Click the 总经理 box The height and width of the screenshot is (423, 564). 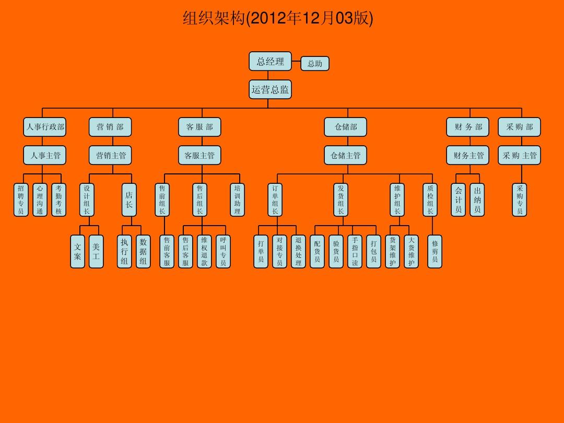click(270, 62)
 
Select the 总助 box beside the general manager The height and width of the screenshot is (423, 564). click(315, 64)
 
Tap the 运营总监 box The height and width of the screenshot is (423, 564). click(270, 89)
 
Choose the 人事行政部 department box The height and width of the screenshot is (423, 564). click(45, 127)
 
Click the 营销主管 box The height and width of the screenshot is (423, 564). click(111, 155)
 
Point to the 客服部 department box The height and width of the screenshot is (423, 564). click(199, 127)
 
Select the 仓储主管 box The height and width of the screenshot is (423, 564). click(345, 155)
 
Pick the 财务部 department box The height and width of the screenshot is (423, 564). click(468, 127)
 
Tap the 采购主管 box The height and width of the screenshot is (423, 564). click(520, 155)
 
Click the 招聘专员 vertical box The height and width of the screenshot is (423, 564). click(21, 199)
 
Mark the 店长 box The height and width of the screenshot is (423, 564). click(129, 199)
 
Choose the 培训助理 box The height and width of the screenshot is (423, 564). click(238, 199)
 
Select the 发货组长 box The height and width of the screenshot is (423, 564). click(340, 199)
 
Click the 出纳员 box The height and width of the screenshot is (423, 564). click(477, 199)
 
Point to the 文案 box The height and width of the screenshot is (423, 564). click(78, 251)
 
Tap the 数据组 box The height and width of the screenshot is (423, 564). click(143, 251)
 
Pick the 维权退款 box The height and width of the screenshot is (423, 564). click(204, 251)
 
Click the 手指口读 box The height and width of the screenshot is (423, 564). click(355, 251)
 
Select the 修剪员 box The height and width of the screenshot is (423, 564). click(434, 251)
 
